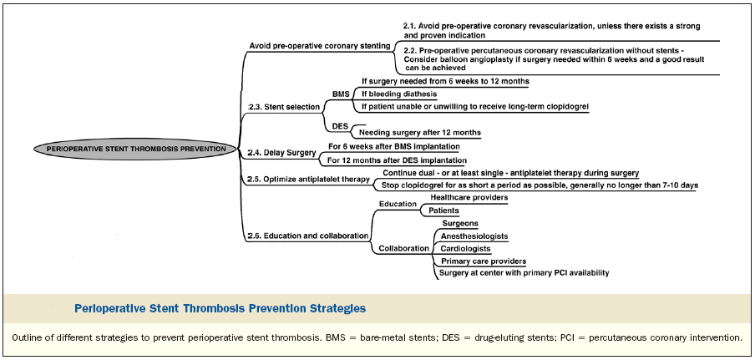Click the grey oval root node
click(x=136, y=150)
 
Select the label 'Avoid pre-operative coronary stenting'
click(x=320, y=46)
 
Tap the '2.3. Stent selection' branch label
click(x=284, y=107)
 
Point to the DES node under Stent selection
click(x=340, y=127)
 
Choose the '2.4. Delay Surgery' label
click(x=281, y=153)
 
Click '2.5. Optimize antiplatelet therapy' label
click(x=308, y=179)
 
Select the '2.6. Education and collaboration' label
click(x=308, y=236)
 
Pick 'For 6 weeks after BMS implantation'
click(x=394, y=146)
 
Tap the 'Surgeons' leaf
click(x=460, y=223)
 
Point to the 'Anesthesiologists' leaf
click(x=474, y=236)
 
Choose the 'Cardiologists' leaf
click(x=466, y=248)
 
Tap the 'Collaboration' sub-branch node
click(x=404, y=248)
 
